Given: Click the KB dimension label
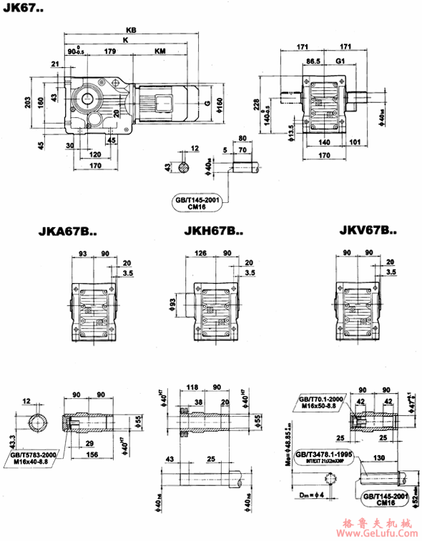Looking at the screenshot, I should click(130, 30).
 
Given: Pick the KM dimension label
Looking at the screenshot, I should click(161, 52).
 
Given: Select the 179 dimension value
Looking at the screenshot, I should click(110, 52).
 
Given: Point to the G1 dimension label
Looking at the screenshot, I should click(340, 63).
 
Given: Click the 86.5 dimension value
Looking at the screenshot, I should click(312, 63).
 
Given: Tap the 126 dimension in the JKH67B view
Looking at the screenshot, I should click(200, 253).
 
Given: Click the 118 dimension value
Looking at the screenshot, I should click(192, 387).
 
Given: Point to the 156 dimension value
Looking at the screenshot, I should click(92, 454).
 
